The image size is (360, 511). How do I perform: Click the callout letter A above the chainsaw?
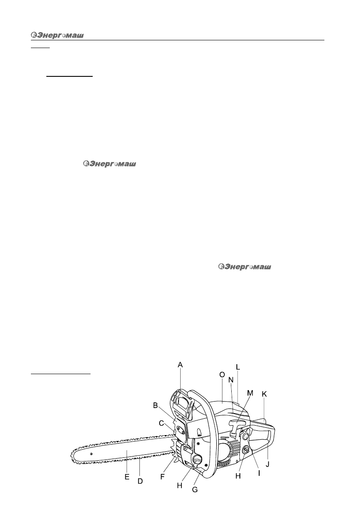tap(180, 365)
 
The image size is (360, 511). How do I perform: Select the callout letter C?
tap(162, 423)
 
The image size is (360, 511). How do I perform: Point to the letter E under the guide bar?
tap(127, 477)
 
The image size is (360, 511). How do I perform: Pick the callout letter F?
tap(162, 477)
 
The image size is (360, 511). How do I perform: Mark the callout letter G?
tap(195, 489)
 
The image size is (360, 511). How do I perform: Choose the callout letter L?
tap(238, 368)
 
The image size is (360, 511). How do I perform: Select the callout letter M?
tap(250, 393)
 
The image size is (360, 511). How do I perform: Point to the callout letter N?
tap(231, 380)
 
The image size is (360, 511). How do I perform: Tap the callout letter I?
tap(259, 474)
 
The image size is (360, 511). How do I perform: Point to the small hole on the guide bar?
tap(91, 453)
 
